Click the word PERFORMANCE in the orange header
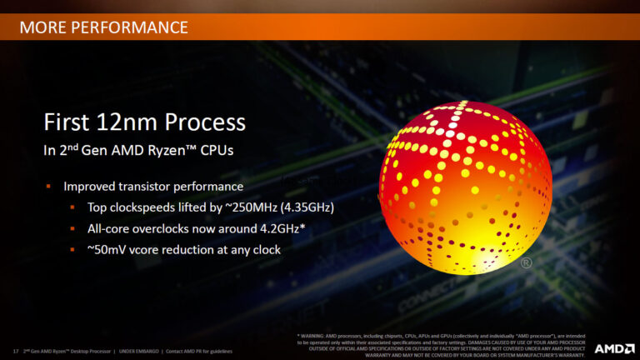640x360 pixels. [x=137, y=27]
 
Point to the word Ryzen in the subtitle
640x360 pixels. [x=170, y=151]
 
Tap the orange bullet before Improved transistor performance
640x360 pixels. [x=49, y=186]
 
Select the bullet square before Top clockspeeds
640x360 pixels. [x=72, y=207]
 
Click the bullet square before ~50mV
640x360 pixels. [x=72, y=249]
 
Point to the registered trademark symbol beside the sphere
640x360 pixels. [x=527, y=263]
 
